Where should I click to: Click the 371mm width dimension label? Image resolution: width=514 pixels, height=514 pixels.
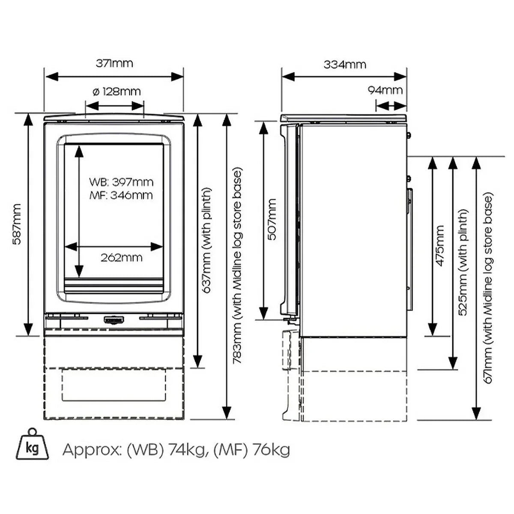(x=114, y=63)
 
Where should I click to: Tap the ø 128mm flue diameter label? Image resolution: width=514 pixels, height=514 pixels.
(x=117, y=91)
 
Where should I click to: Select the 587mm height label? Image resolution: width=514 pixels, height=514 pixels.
(x=16, y=224)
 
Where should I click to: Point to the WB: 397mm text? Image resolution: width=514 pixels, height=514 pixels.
(x=121, y=182)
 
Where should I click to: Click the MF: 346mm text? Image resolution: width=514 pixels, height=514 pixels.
(x=121, y=195)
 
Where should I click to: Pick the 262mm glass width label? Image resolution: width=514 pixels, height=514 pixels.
(x=122, y=257)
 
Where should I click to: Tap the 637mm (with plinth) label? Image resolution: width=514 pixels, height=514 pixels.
(x=207, y=240)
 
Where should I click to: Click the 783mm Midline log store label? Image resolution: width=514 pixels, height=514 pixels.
(x=238, y=266)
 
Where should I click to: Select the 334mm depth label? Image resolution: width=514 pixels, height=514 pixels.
(x=345, y=65)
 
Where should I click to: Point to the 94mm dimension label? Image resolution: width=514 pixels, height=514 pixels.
(x=385, y=90)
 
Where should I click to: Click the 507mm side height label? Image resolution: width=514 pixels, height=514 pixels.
(x=272, y=219)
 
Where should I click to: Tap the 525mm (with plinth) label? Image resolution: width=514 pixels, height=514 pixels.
(x=463, y=262)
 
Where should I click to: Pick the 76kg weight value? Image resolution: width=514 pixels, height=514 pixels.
(x=271, y=450)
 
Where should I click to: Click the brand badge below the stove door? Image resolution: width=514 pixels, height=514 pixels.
(x=114, y=320)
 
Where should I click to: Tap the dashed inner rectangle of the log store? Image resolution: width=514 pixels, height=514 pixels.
(x=114, y=385)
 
